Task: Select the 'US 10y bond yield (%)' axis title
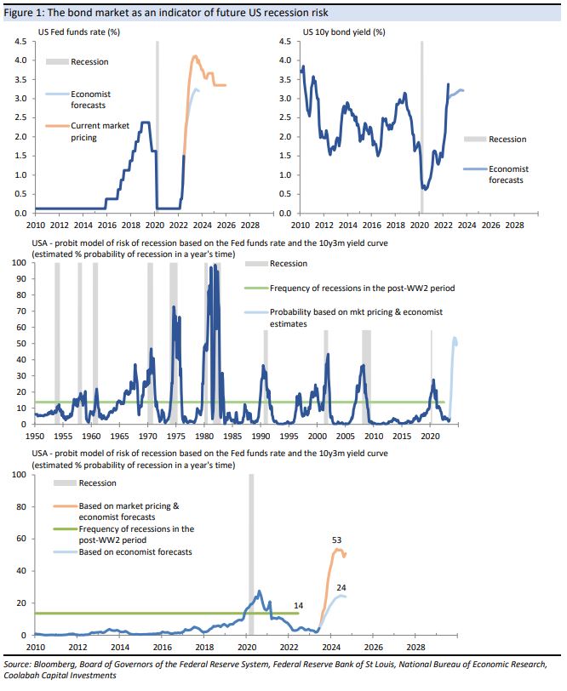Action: tap(344, 32)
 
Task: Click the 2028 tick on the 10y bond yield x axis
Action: tap(514, 226)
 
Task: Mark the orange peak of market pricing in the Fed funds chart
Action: tap(195, 56)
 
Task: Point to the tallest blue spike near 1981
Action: tap(215, 266)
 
